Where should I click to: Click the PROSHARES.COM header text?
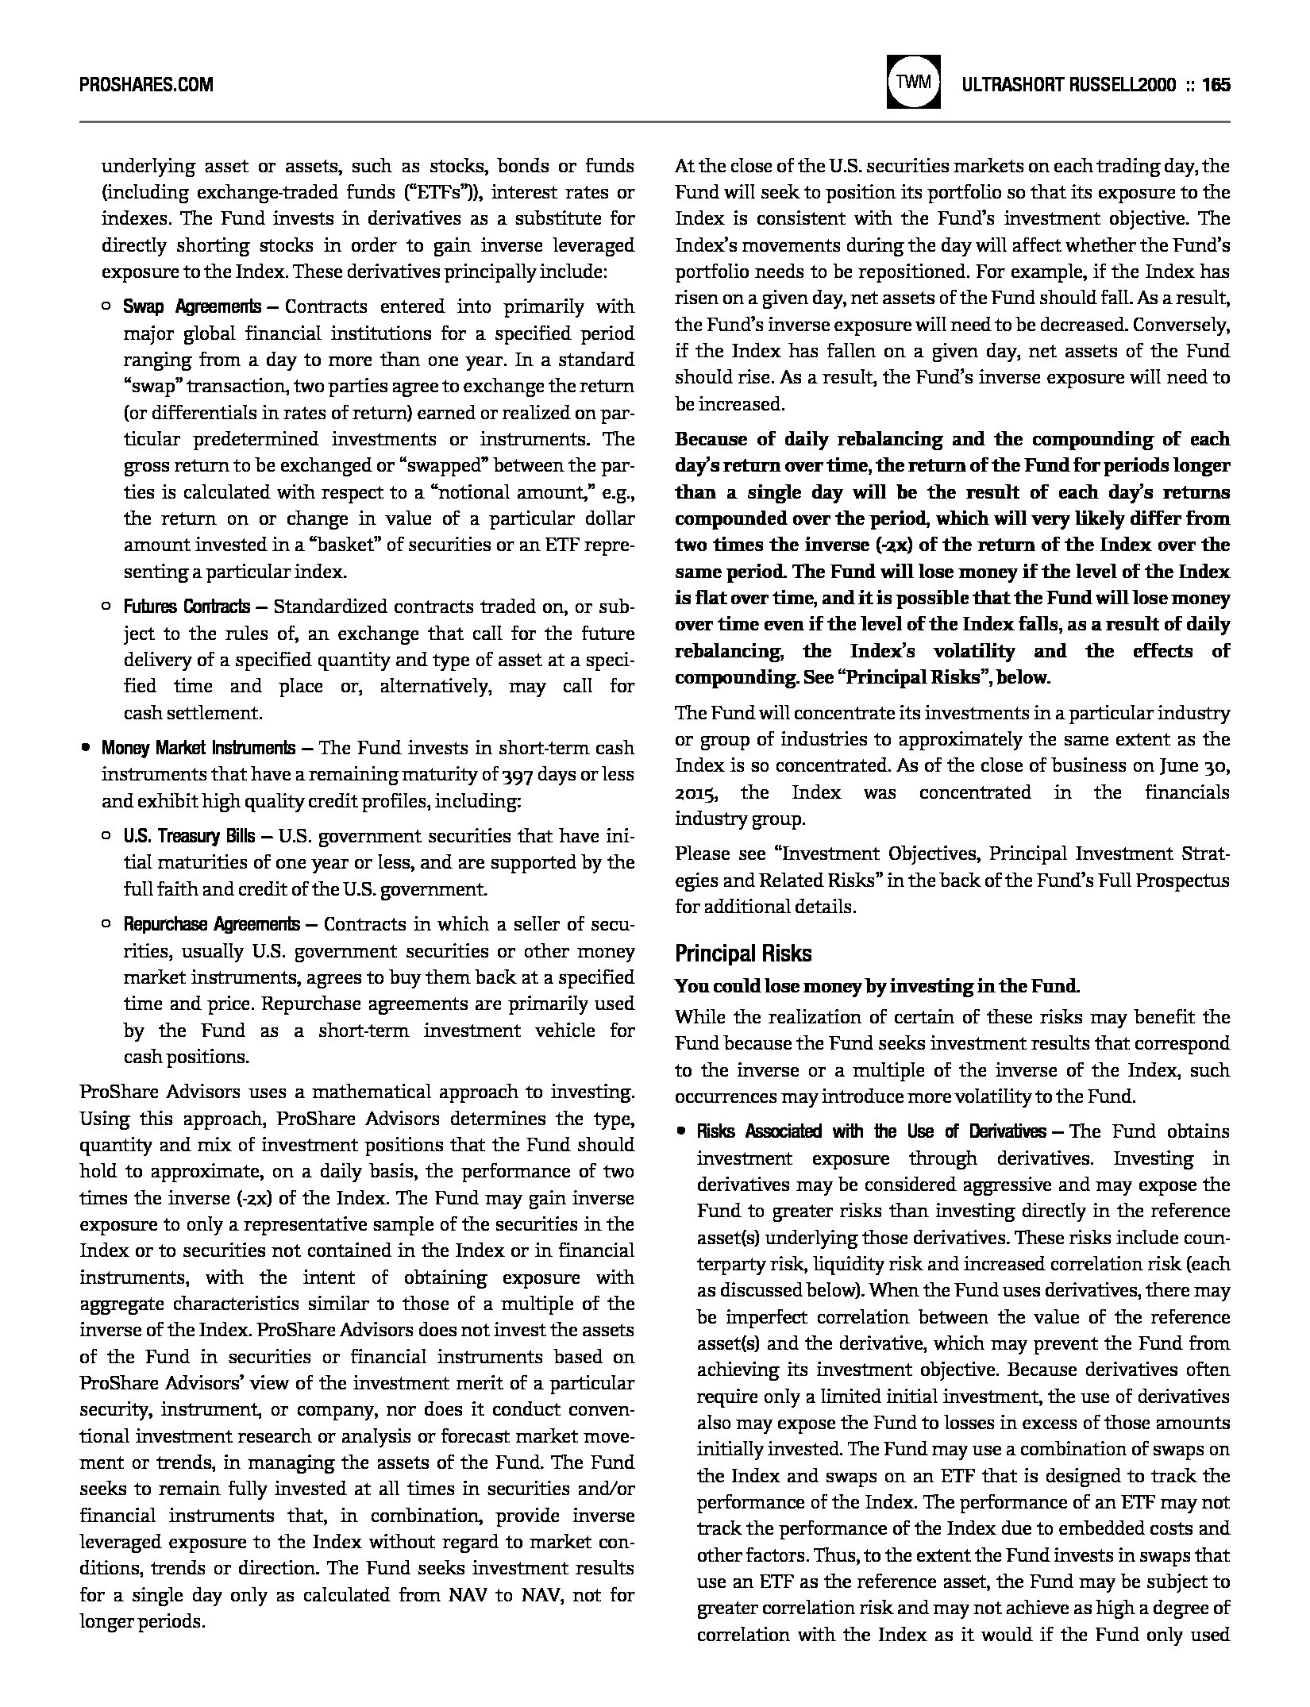click(x=147, y=84)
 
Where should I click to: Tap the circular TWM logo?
click(x=914, y=82)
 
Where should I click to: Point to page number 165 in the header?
click(x=1216, y=84)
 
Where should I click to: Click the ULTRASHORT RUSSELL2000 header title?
click(x=1069, y=84)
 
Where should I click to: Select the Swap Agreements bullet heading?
click(x=191, y=307)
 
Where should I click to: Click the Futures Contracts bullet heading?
click(x=186, y=607)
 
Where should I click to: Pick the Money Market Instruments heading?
click(x=198, y=748)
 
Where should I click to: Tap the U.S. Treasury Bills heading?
click(x=189, y=836)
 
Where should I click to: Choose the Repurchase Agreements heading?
click(x=211, y=924)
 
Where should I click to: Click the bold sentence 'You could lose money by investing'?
click(x=877, y=987)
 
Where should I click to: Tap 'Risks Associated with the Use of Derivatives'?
click(x=871, y=1131)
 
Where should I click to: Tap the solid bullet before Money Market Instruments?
click(x=84, y=748)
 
